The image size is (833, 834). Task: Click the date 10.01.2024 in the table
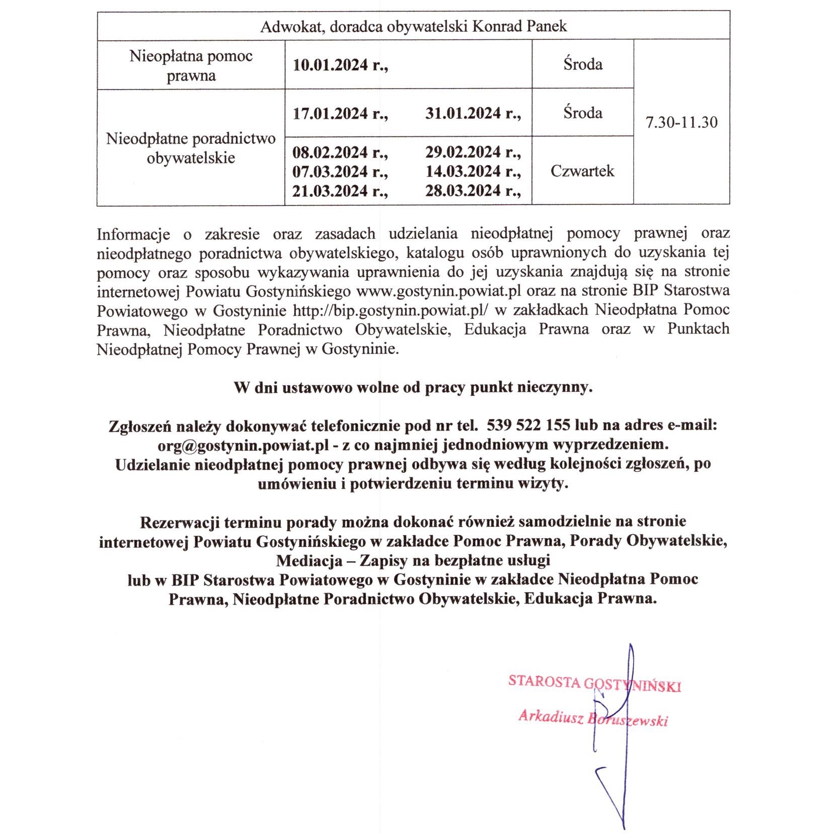[x=340, y=65]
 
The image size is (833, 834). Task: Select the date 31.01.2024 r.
[x=473, y=113]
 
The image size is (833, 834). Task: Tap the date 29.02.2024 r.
[x=473, y=152]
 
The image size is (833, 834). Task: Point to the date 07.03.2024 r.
[x=340, y=172]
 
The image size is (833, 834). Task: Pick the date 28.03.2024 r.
[x=473, y=191]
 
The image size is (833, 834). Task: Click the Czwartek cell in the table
[x=582, y=171]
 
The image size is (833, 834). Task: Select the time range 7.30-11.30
[x=681, y=122]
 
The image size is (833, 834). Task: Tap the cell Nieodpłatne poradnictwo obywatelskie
[x=191, y=148]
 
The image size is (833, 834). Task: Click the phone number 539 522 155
[x=528, y=425]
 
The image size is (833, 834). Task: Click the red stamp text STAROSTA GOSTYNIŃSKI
[x=594, y=683]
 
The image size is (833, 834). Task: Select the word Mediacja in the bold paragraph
[x=308, y=560]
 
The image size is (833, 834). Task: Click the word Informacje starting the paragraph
[x=133, y=234]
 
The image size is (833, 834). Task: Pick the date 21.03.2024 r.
[x=340, y=191]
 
